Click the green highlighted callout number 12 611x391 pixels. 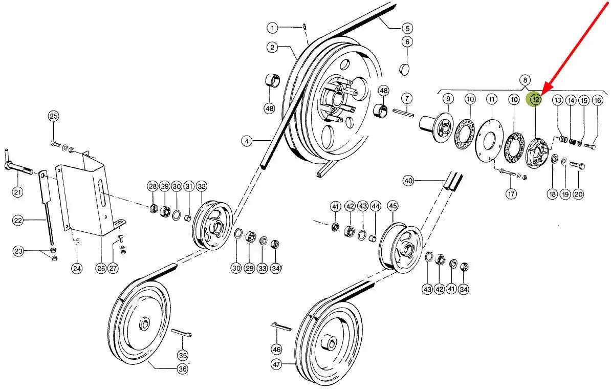535,99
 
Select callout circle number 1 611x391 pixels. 272,28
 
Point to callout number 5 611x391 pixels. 407,28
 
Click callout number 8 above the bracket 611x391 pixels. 525,80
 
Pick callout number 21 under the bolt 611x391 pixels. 17,192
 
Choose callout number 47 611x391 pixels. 276,364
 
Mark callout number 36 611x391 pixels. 182,368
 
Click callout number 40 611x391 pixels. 408,181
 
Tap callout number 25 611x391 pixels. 53,116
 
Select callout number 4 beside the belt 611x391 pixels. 247,141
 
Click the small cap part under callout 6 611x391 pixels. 405,70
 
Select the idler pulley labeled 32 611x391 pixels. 212,226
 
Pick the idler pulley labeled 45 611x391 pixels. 400,248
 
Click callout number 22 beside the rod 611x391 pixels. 18,220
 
